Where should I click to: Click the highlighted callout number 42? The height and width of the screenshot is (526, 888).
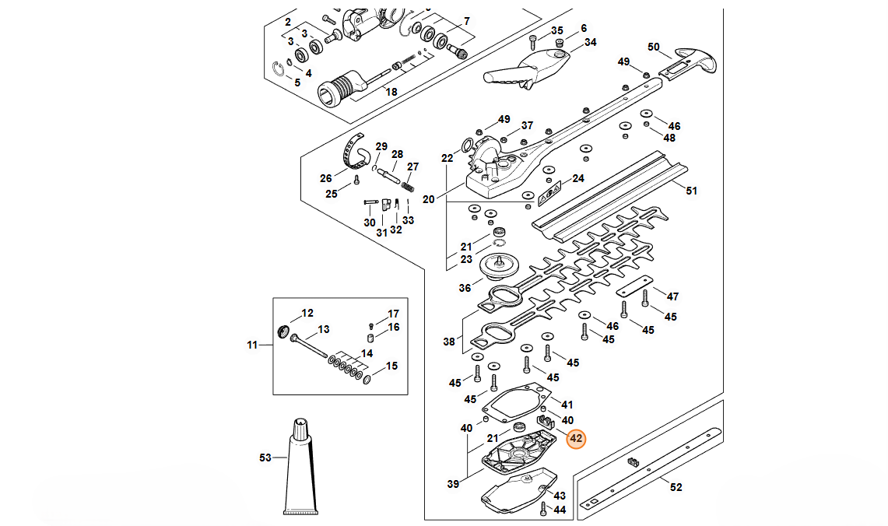click(x=576, y=440)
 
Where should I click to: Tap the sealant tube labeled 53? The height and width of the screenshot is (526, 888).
click(x=301, y=468)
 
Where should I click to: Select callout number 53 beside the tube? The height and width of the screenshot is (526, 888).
click(x=265, y=458)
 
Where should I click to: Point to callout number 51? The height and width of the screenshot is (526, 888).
click(x=692, y=189)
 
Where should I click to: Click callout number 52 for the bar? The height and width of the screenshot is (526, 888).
click(x=676, y=487)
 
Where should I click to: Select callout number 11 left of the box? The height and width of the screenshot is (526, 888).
click(x=252, y=344)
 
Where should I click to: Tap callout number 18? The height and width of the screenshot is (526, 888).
click(x=391, y=92)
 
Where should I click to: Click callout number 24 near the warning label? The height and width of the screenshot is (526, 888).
click(x=577, y=178)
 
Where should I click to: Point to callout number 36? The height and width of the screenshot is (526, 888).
click(x=465, y=288)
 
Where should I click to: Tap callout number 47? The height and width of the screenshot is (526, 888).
click(x=672, y=296)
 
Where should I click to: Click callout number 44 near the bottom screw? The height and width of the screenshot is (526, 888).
click(x=559, y=510)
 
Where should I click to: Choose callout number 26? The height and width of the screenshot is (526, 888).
click(x=326, y=178)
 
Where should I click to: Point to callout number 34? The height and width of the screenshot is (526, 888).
click(x=590, y=42)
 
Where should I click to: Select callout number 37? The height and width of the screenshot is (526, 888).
click(x=527, y=125)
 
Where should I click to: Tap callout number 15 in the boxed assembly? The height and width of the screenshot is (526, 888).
click(x=391, y=366)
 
